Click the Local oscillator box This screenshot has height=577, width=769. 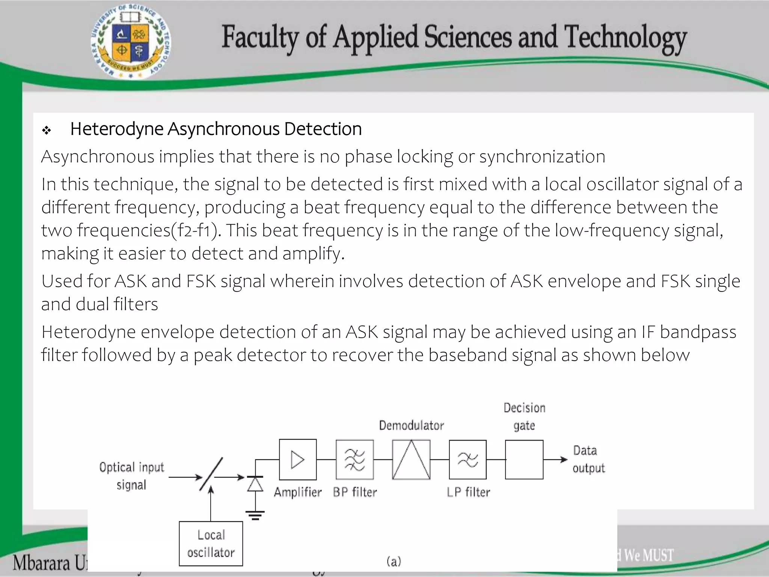(211, 543)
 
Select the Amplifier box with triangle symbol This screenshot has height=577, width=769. (298, 459)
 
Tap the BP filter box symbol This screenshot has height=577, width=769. (354, 459)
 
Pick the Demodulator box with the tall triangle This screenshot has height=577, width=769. (411, 459)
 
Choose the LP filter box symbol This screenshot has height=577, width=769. (467, 459)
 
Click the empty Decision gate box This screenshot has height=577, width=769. (524, 459)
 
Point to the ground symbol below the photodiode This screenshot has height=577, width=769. (255, 515)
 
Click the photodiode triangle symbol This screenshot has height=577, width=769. (255, 484)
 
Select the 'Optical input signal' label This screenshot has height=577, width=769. (132, 476)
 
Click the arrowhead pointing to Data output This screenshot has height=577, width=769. (564, 459)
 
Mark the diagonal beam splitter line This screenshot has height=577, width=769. (211, 474)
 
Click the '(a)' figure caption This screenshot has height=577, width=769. (394, 561)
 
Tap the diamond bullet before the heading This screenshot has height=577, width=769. (47, 131)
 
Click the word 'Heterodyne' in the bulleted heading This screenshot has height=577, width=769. (117, 129)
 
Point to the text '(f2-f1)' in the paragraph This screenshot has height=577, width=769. (196, 230)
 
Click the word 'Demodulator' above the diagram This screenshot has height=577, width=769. (411, 425)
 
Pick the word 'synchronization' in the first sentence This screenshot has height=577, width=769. (542, 157)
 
